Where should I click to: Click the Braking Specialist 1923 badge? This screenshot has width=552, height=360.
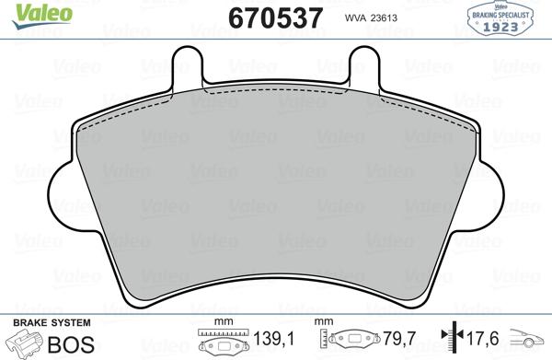coord(504,17)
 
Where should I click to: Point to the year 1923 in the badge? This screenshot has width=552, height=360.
coord(504,26)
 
